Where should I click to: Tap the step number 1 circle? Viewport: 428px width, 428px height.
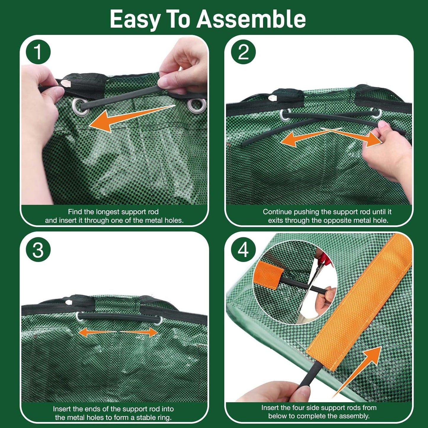tap(38, 52)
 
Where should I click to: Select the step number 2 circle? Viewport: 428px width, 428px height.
tap(243, 52)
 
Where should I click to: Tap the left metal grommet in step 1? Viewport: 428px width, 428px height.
tap(80, 106)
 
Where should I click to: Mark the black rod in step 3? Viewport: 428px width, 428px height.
tap(118, 317)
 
